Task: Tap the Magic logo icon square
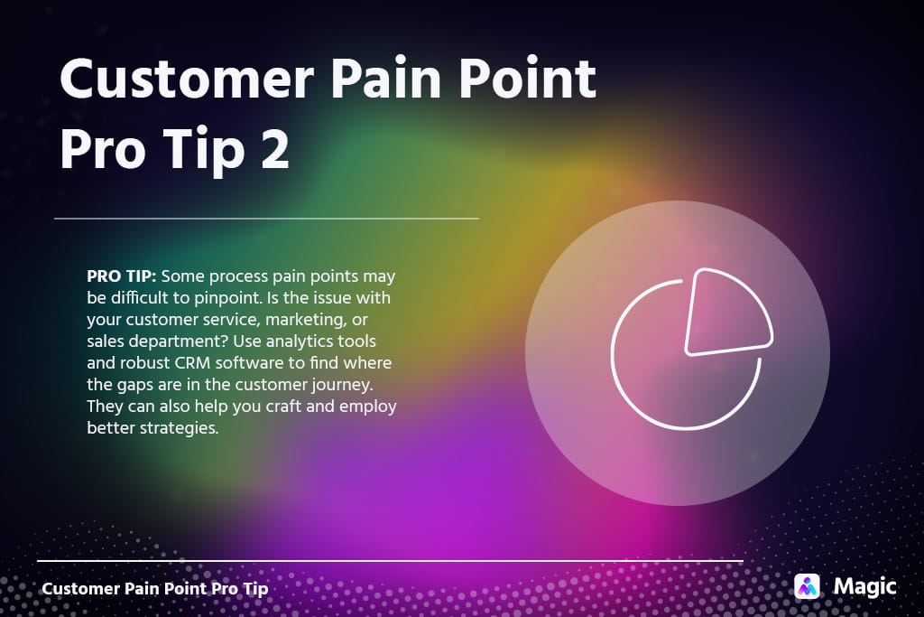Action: pyautogui.click(x=807, y=586)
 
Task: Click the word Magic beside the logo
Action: pyautogui.click(x=864, y=586)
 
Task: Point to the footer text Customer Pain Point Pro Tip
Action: pyautogui.click(x=155, y=588)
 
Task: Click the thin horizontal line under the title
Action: pyautogui.click(x=266, y=219)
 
